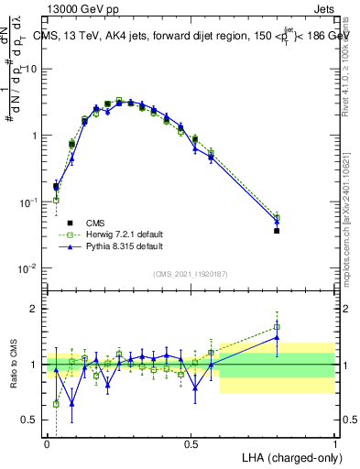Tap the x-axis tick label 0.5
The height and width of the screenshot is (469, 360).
click(191, 444)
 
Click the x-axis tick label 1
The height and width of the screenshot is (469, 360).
click(334, 444)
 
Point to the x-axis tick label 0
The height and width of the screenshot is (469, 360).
click(47, 444)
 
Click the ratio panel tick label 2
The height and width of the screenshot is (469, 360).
click(38, 309)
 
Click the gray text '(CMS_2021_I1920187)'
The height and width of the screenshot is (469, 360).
click(190, 274)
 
